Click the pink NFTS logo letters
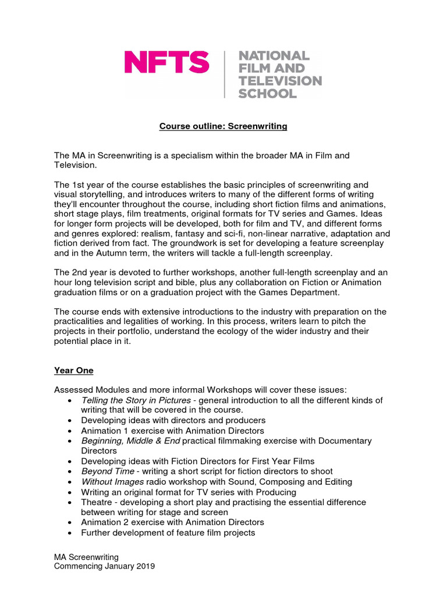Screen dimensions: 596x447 pos(166,62)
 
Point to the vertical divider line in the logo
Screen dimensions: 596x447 pos(225,74)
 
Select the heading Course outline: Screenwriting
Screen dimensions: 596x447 pos(223,126)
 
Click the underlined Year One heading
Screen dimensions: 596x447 pos(73,370)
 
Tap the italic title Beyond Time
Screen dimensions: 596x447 pos(108,471)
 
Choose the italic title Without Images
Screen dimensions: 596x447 pos(113,481)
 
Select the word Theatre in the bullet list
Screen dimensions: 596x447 pos(97,502)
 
